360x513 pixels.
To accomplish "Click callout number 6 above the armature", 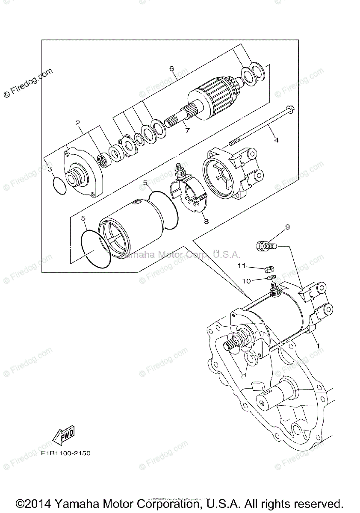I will [171, 68].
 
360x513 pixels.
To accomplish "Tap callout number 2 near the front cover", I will [78, 123].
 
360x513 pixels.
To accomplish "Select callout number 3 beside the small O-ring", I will [50, 170].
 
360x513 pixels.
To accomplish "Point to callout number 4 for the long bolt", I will [276, 140].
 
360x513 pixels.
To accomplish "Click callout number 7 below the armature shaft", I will [187, 131].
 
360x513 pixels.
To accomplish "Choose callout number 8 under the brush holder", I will [206, 221].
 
